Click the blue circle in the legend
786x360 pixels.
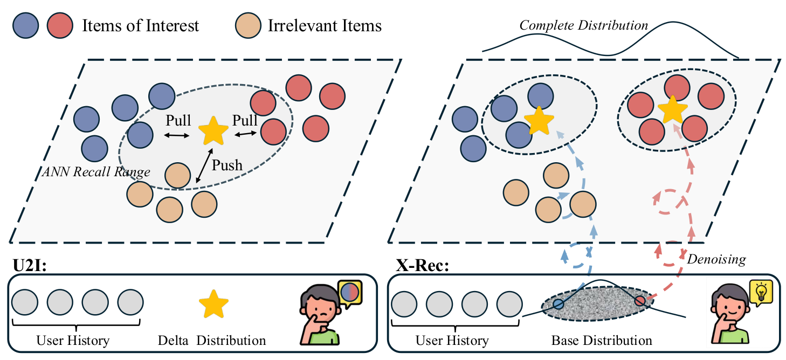[26, 26]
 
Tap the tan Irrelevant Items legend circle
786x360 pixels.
[248, 26]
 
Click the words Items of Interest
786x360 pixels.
[140, 26]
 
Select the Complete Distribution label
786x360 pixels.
[583, 26]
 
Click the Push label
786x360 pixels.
[227, 165]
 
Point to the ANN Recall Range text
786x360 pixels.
[96, 172]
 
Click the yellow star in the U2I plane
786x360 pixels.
[213, 131]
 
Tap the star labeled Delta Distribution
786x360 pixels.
[213, 304]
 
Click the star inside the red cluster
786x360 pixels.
[672, 110]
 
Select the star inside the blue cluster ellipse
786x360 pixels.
[539, 121]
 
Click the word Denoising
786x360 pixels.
[716, 259]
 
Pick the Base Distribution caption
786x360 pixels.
[602, 341]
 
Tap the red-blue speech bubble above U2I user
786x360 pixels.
[350, 293]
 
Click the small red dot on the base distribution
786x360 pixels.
[640, 301]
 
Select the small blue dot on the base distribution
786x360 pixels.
[559, 304]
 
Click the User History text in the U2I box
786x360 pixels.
[73, 341]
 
